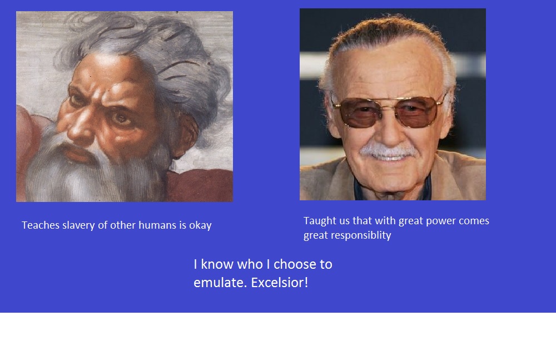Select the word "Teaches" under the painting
[x=41, y=225]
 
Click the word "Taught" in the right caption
[x=320, y=221]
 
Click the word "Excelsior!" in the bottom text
[x=280, y=283]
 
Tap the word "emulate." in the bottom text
[x=220, y=283]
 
